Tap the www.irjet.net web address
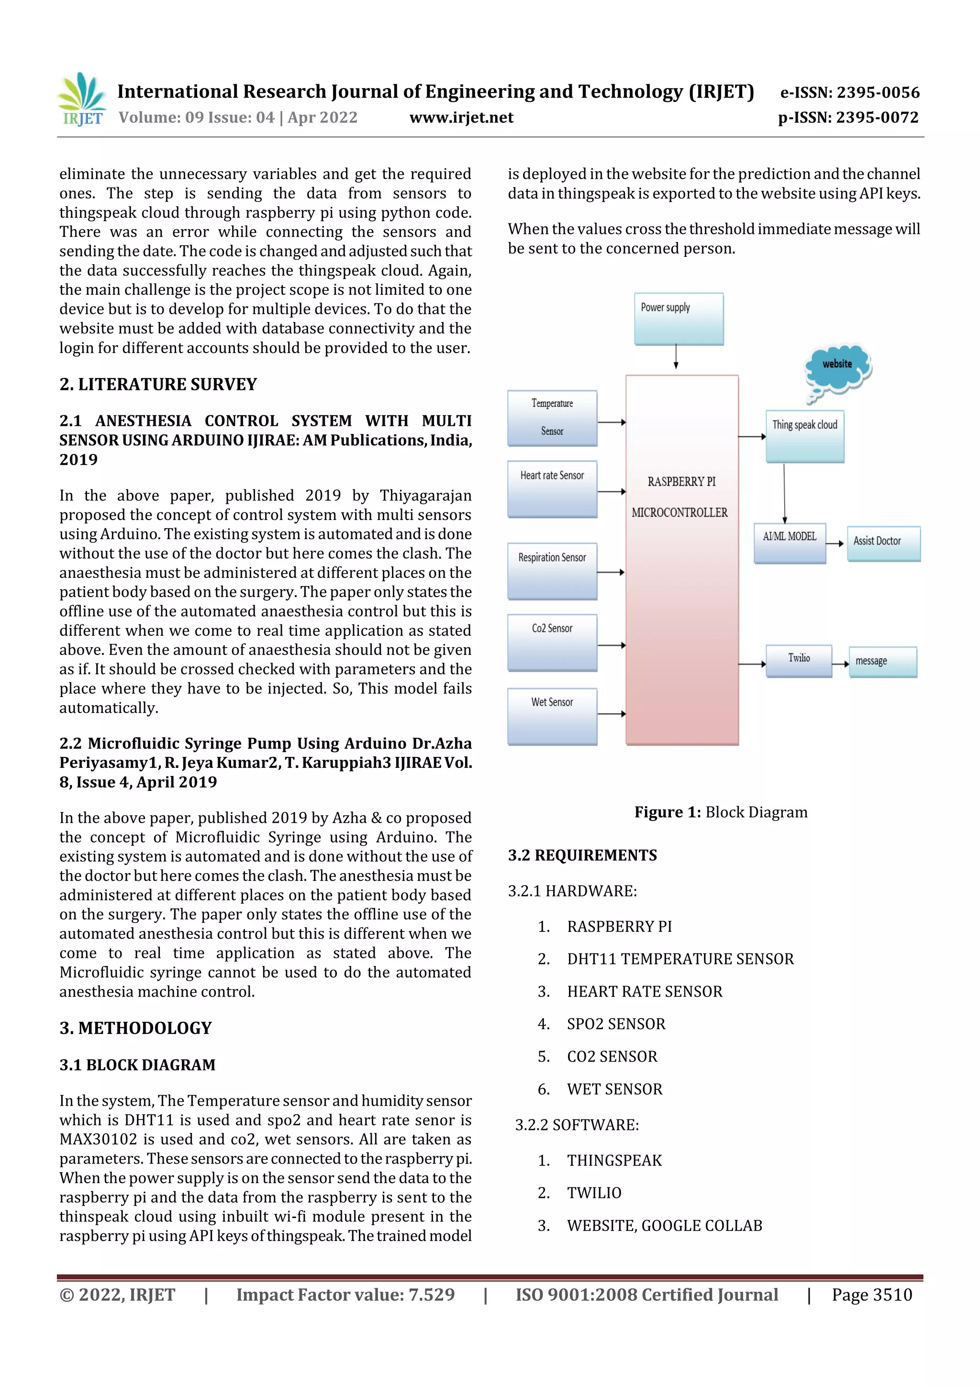coord(461,118)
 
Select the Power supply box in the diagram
coord(679,319)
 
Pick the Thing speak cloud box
coord(804,436)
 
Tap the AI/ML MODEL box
coord(789,543)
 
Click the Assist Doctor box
coord(883,543)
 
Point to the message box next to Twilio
coord(882,662)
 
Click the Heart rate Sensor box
coord(552,489)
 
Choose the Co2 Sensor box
coord(552,643)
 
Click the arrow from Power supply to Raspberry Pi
coord(676,356)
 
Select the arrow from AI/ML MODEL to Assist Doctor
coord(835,543)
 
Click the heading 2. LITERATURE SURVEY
coord(158,385)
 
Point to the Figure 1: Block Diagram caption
coord(720,812)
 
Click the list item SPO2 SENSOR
coord(615,1024)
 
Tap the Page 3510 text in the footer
coord(871,1294)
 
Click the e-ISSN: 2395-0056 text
coord(849,92)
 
